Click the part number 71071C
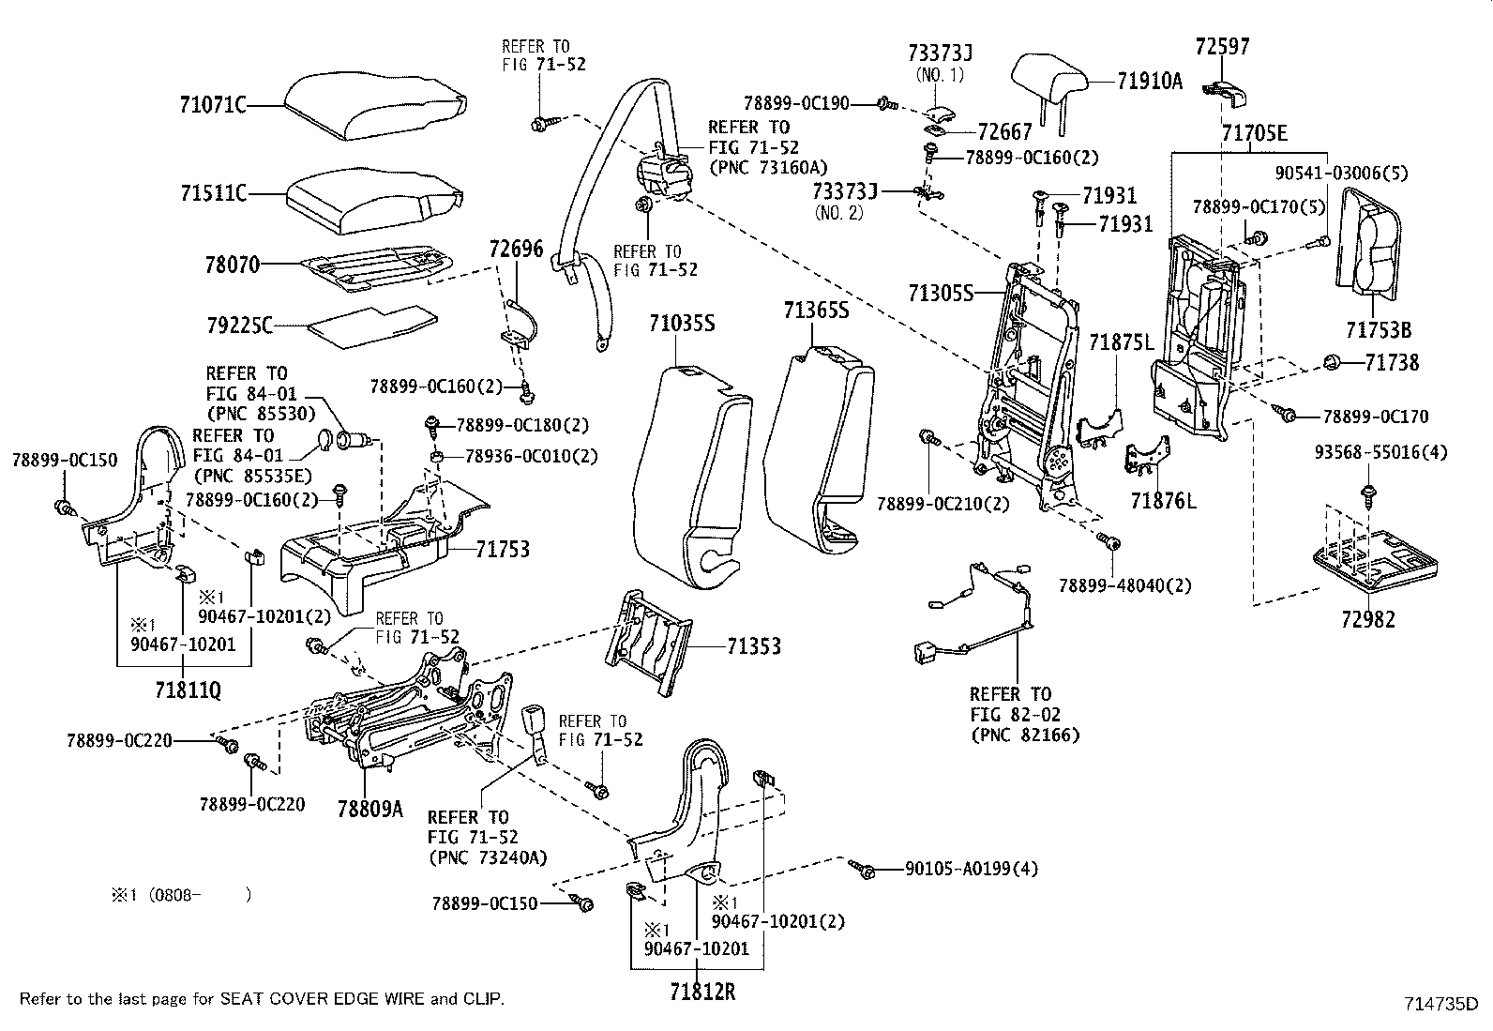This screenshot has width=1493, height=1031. point(213,105)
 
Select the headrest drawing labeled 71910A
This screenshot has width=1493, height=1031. point(1049,91)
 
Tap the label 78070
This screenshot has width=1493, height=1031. point(232,265)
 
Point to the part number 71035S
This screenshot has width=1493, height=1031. point(682,324)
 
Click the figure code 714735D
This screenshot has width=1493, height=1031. point(1441,1004)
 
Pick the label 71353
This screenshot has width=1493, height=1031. point(754,646)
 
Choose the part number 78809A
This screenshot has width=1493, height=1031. point(369,809)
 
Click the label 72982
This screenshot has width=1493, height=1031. point(1368,619)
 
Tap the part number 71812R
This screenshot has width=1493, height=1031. point(702,992)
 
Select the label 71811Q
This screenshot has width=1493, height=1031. point(188,690)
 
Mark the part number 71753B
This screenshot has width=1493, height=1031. point(1379,330)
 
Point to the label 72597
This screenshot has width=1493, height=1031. point(1222,47)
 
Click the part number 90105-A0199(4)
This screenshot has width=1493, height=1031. point(972,869)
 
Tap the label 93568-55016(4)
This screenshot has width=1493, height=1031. point(1381,452)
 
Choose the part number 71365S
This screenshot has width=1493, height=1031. point(817,311)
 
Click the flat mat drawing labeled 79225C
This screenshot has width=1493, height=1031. point(372,326)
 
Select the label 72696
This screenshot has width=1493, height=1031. point(516,249)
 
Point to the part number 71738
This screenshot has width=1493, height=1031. point(1392,363)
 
